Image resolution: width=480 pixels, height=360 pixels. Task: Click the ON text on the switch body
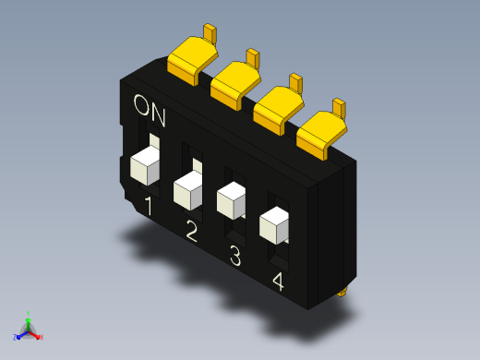click(150, 111)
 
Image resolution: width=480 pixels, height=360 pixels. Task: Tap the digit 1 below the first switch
click(149, 206)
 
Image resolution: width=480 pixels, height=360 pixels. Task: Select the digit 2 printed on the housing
click(191, 231)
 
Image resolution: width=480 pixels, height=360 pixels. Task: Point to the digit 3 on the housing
click(235, 255)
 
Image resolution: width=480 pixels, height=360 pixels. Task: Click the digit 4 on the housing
click(278, 282)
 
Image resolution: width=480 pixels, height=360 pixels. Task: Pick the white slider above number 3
click(231, 200)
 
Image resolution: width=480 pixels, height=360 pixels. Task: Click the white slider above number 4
click(274, 225)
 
